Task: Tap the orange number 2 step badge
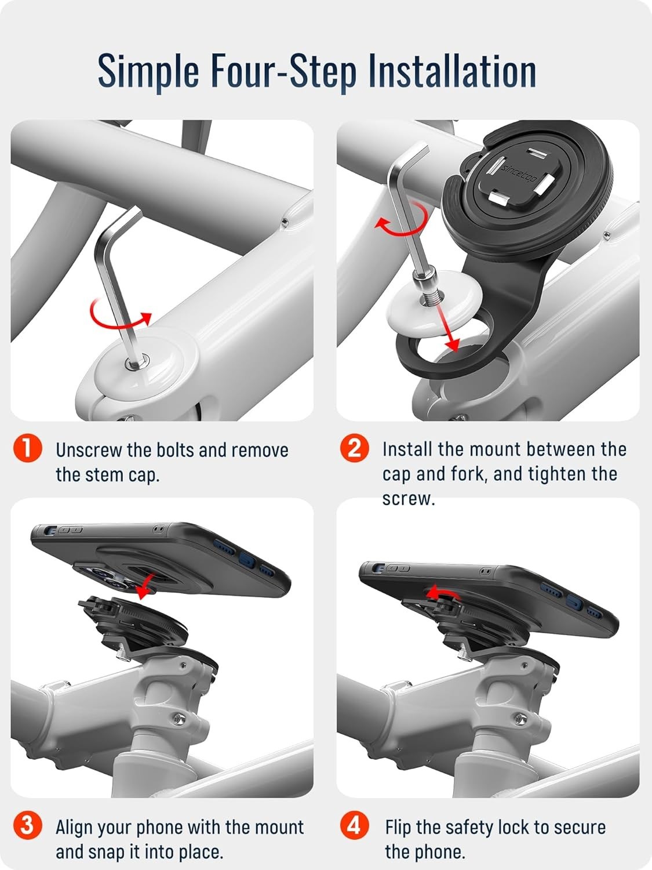click(x=354, y=448)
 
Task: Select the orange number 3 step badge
click(x=27, y=826)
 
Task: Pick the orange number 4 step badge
click(x=354, y=826)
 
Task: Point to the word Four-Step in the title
click(x=283, y=71)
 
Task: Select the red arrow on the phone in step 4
click(x=443, y=592)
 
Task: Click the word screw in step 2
click(x=409, y=499)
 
